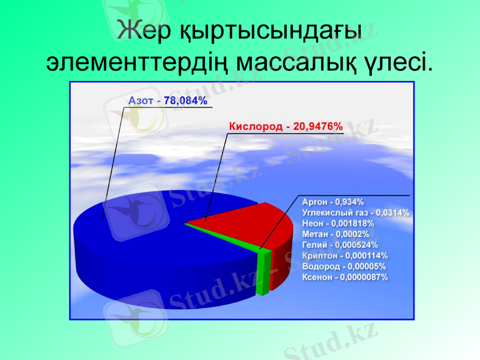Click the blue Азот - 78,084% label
[x=168, y=101]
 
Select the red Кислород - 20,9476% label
[x=286, y=127]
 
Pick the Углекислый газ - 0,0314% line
[x=356, y=212]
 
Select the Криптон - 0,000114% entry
[x=345, y=256]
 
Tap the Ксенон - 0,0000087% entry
[x=345, y=277]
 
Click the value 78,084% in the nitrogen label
[x=185, y=101]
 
